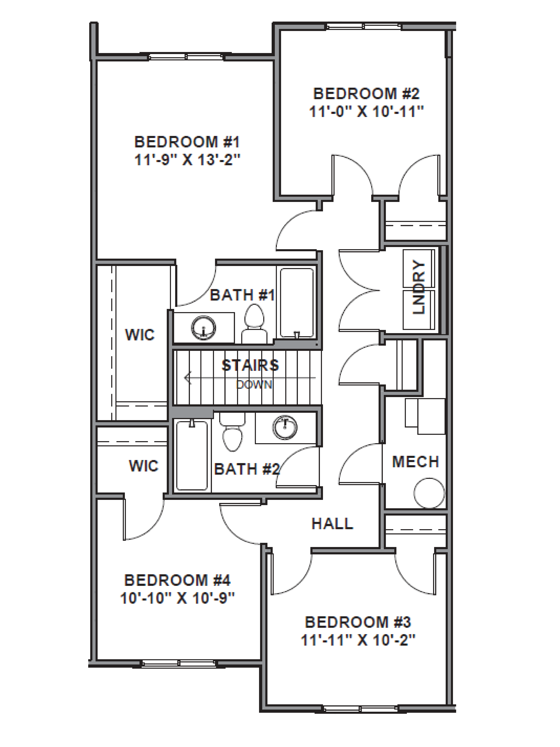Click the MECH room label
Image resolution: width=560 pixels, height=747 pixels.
point(415,462)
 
